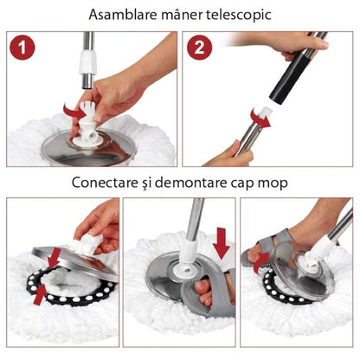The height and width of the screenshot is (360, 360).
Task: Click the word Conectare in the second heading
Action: click(x=93, y=184)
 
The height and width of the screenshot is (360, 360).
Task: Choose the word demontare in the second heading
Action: click(x=201, y=184)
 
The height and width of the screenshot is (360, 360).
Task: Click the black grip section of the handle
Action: click(x=280, y=83)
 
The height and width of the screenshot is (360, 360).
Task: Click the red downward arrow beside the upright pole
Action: click(x=222, y=245)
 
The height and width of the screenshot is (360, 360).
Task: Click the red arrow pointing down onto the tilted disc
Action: click(x=55, y=256)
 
